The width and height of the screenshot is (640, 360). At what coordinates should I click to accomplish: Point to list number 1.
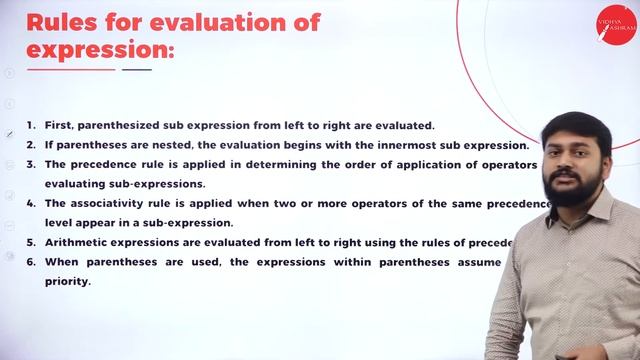coord(31,125)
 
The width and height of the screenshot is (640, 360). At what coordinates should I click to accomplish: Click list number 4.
coord(31,203)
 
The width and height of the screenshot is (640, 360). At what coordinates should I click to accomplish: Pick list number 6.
coord(31,261)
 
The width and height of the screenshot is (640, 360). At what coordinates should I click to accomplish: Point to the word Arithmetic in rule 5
coord(77,242)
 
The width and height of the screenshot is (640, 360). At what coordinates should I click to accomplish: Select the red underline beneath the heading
coord(71,70)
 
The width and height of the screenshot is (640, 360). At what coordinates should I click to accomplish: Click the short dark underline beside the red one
coord(136,70)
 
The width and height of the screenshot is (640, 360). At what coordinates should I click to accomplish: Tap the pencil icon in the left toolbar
coord(9,133)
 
